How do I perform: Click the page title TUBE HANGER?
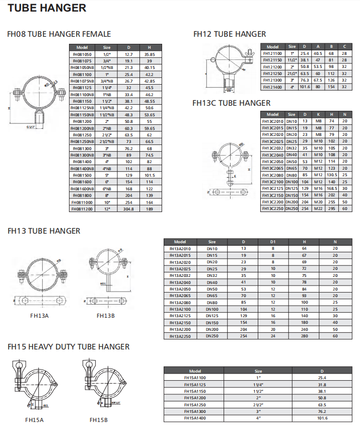coord(47,8)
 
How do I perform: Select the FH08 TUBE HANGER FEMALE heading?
coord(59,34)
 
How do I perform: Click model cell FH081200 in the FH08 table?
coord(82,121)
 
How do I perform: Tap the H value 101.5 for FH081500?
coord(150,175)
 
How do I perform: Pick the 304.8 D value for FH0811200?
coord(128,209)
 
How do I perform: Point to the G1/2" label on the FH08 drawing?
coord(31,127)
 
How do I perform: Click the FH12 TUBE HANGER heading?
coord(230,34)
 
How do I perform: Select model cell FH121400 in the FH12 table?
coord(272,87)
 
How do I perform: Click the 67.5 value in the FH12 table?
coord(318,80)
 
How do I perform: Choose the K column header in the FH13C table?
coord(319,114)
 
